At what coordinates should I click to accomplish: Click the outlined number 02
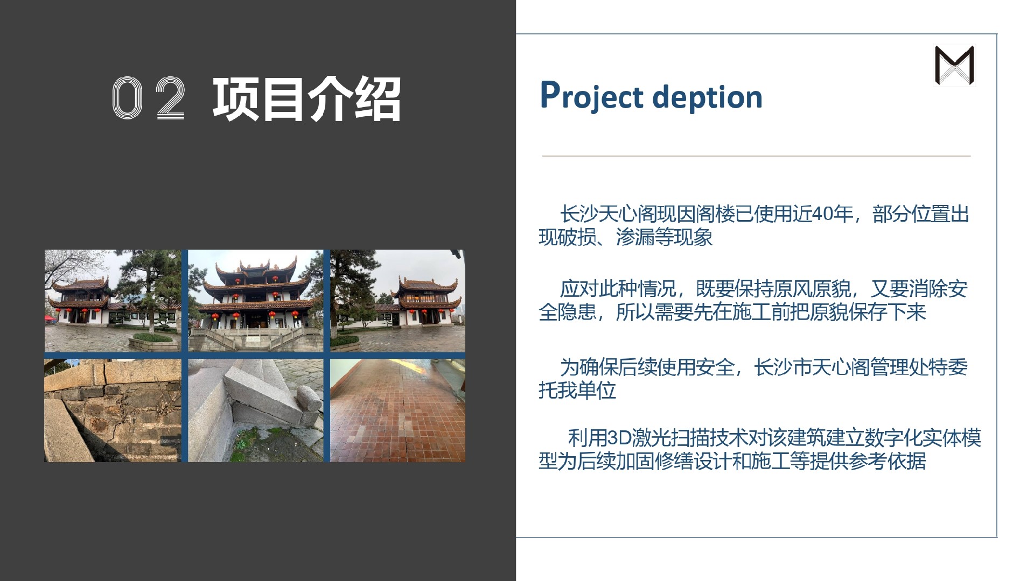[149, 98]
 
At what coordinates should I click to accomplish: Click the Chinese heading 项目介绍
[306, 99]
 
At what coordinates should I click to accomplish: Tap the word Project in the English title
[592, 97]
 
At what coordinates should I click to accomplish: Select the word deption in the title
[707, 97]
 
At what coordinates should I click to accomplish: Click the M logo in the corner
[955, 65]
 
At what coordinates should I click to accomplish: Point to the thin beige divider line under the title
[756, 156]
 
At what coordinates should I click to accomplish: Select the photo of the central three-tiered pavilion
[255, 301]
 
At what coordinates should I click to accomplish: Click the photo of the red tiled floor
[397, 410]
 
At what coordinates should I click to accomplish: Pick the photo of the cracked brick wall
[113, 410]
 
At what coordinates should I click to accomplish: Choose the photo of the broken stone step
[255, 410]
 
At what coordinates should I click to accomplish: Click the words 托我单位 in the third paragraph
[577, 390]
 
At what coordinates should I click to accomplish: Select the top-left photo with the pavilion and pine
[113, 301]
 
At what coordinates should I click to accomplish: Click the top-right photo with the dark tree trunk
[397, 301]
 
